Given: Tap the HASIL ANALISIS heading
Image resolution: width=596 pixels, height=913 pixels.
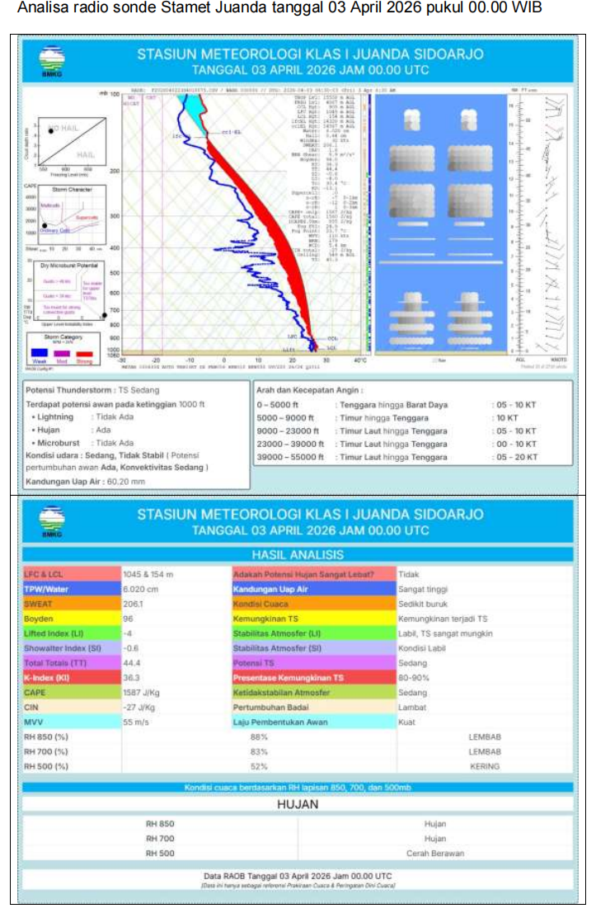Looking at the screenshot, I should pyautogui.click(x=298, y=554).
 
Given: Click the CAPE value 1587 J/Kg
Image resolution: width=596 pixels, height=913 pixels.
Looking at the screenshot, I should pyautogui.click(x=143, y=693).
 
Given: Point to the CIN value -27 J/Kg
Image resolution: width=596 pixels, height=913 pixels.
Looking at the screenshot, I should pyautogui.click(x=138, y=708).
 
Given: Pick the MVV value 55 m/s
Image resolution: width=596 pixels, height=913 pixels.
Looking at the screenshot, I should pyautogui.click(x=137, y=722).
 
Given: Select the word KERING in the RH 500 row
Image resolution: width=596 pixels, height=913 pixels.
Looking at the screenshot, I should pyautogui.click(x=484, y=767).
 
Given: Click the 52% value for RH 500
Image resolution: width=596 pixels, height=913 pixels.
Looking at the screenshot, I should pyautogui.click(x=260, y=767).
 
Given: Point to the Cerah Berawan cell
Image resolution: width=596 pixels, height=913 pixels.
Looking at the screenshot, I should pyautogui.click(x=434, y=854).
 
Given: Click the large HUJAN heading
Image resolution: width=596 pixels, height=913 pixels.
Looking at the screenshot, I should pyautogui.click(x=298, y=804).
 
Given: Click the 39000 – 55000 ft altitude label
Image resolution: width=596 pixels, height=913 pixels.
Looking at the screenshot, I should pyautogui.click(x=290, y=457).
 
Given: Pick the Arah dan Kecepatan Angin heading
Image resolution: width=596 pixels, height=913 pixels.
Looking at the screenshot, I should pyautogui.click(x=309, y=389).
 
